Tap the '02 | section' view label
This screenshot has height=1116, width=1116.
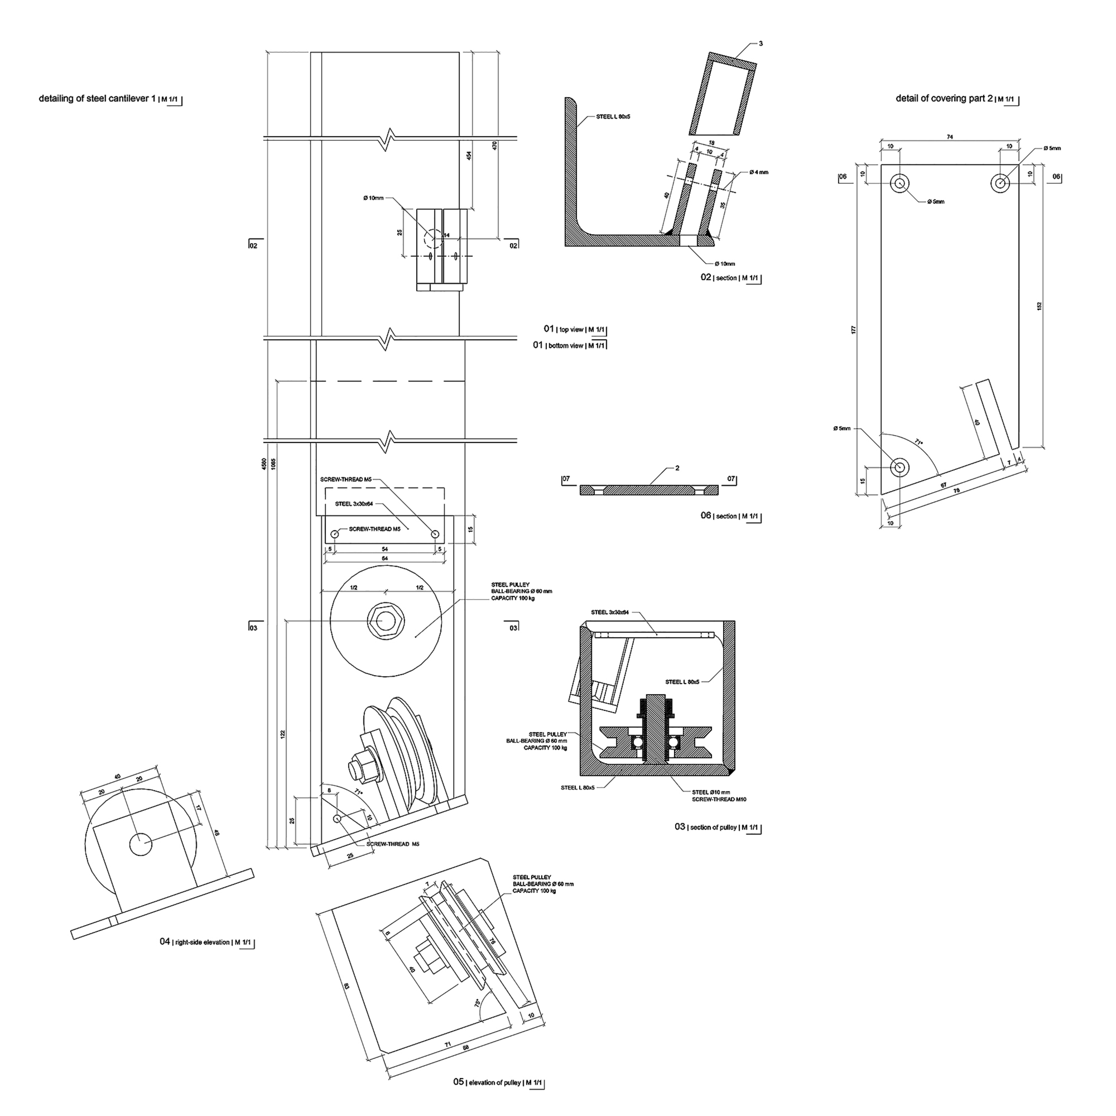730,278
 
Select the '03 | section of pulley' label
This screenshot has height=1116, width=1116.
717,827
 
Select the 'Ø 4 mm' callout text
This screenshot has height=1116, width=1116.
759,172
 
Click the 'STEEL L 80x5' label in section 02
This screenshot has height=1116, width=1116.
613,117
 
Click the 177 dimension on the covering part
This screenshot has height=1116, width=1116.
853,330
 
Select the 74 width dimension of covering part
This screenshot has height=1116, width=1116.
950,137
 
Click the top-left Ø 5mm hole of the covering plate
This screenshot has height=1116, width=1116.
899,184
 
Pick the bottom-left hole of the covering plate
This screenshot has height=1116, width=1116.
899,466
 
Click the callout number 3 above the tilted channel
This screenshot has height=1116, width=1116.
761,44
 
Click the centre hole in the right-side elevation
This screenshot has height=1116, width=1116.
140,844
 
